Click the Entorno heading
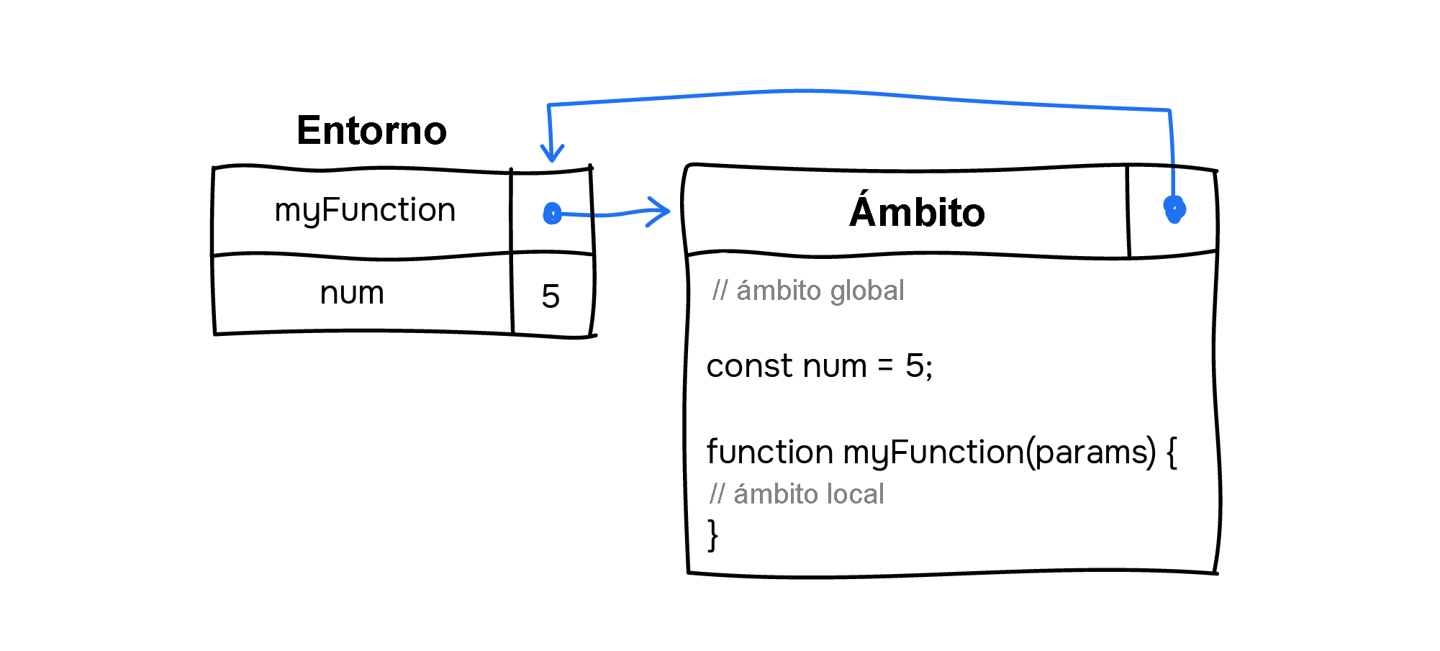(371, 130)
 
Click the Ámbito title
(916, 212)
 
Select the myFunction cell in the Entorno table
(365, 210)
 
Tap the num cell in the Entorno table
(352, 293)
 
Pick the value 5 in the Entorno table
(551, 296)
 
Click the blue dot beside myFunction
(552, 214)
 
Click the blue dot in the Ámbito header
(1174, 209)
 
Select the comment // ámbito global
(807, 291)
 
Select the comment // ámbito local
(796, 494)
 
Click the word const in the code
(749, 366)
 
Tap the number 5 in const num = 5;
(914, 366)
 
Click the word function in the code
(769, 452)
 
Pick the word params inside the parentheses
(1090, 452)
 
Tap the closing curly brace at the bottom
(712, 535)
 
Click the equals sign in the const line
(885, 366)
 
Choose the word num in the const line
(834, 366)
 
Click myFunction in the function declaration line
(933, 452)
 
